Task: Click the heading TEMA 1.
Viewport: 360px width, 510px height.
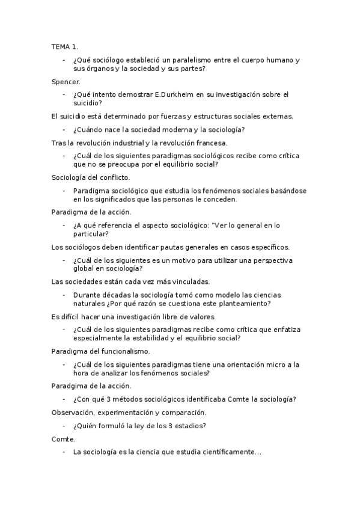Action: pyautogui.click(x=65, y=46)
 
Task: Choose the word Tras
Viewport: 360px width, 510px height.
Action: pyautogui.click(x=59, y=143)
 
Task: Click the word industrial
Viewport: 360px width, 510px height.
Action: pyautogui.click(x=122, y=143)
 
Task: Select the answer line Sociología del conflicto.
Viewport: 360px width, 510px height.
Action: pyautogui.click(x=91, y=177)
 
